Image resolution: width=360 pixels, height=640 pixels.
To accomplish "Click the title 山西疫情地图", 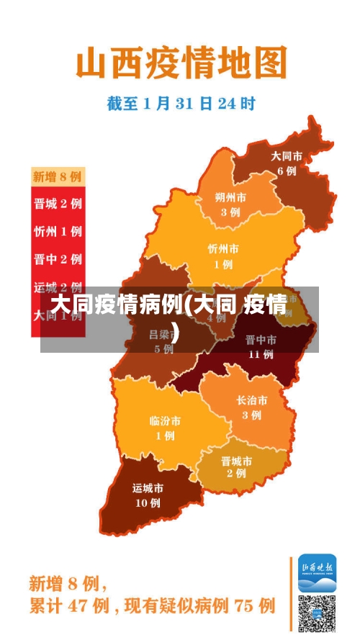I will click(x=181, y=63).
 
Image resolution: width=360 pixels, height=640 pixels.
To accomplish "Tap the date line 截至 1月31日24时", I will click(x=181, y=104).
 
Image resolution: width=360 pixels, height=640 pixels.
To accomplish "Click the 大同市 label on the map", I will click(x=286, y=156).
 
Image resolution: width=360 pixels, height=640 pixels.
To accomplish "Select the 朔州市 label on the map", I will click(x=230, y=197).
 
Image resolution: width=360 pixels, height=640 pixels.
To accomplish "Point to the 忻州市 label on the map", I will click(x=222, y=248).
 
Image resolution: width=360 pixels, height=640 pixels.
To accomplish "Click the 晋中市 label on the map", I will click(x=260, y=339).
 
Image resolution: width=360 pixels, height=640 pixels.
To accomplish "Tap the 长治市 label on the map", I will click(x=251, y=400).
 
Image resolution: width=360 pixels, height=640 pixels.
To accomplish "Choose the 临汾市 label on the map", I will click(x=165, y=420).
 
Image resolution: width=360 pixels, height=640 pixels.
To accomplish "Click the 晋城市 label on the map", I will click(x=236, y=461).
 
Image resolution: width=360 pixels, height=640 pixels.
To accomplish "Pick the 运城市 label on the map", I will click(x=148, y=488).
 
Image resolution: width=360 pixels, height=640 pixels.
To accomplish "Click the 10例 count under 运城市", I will click(x=148, y=502).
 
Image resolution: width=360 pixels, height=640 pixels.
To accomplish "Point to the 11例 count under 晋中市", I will click(x=260, y=353).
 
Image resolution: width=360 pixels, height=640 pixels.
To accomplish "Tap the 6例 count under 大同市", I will click(x=286, y=171).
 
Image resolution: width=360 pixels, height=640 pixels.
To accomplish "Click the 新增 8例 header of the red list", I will click(x=58, y=176).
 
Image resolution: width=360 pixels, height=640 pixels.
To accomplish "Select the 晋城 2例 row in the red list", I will click(x=58, y=203).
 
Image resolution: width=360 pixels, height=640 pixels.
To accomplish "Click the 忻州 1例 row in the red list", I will click(x=58, y=231).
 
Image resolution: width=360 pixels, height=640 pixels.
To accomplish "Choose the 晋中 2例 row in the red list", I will click(x=58, y=259).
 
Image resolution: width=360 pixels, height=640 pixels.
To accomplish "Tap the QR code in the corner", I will click(x=318, y=613).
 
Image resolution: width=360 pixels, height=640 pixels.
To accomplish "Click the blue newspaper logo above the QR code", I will click(x=318, y=572).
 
